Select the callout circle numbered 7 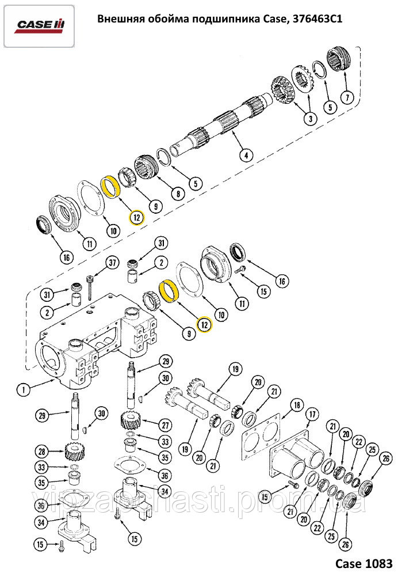[x=346, y=97]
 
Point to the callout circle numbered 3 [x=310, y=119]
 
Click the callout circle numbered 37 [x=113, y=263]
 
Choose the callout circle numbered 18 [x=296, y=406]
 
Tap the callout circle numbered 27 [x=166, y=425]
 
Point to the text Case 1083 [x=363, y=562]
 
